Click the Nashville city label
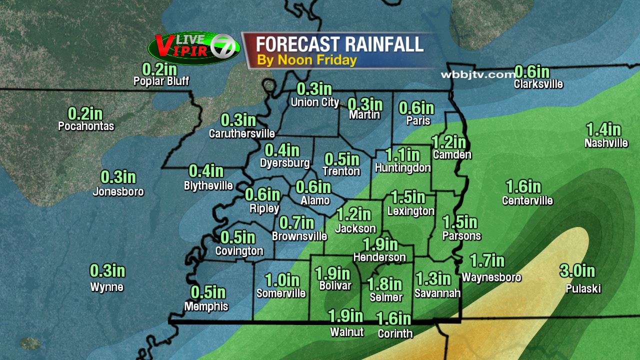[x=606, y=143]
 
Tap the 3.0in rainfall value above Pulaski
[x=577, y=271]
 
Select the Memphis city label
[x=206, y=306]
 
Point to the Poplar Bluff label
[x=161, y=81]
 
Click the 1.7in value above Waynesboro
[x=487, y=260]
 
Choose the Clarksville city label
[x=538, y=84]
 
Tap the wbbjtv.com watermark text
[x=477, y=74]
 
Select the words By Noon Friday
[x=307, y=60]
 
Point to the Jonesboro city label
[x=118, y=191]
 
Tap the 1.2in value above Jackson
[x=354, y=214]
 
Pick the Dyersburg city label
[x=285, y=163]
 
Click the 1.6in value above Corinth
[x=393, y=318]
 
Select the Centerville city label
[x=527, y=201]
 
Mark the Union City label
[x=315, y=102]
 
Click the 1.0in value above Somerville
[x=282, y=280]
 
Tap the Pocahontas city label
[x=86, y=126]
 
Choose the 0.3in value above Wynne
[x=107, y=271]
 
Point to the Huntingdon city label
[x=402, y=167]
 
